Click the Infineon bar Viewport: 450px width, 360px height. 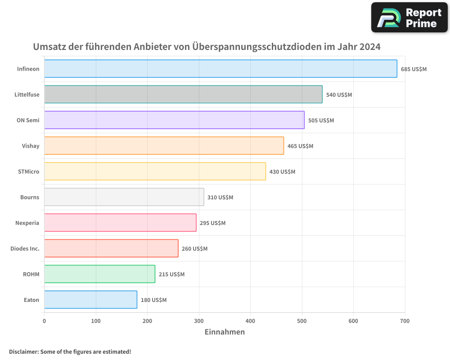pos(220,69)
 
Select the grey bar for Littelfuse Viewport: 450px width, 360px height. pos(183,94)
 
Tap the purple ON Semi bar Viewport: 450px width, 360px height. pos(174,120)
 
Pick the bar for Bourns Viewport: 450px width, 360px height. pos(124,197)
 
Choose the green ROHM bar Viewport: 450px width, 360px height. pos(99,274)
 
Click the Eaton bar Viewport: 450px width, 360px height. pos(90,300)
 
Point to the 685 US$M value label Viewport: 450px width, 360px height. pos(414,69)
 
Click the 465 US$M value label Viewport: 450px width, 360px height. pos(300,146)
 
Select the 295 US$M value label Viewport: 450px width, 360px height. pos(212,223)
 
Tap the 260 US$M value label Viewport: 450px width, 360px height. pos(194,249)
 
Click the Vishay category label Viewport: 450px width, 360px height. pos(31,146)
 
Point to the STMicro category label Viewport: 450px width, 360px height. pos(28,171)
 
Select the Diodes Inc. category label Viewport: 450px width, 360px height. pos(25,248)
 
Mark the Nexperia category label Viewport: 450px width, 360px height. pos(27,223)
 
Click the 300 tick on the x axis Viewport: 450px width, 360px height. pos(199,321)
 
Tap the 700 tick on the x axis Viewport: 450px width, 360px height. pos(405,321)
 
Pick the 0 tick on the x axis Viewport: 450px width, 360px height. pos(44,321)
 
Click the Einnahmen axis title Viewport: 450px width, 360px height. pos(225,332)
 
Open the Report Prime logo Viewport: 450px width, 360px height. pos(409,18)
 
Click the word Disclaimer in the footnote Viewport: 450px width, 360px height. pos(23,351)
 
